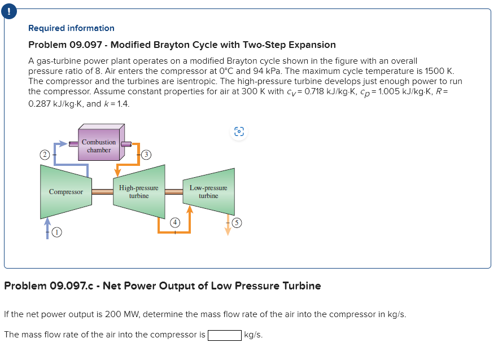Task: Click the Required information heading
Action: tap(71, 28)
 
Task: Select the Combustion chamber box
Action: tap(99, 146)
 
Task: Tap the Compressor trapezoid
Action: tap(66, 192)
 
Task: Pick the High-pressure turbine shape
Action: tap(139, 192)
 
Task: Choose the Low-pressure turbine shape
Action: tap(208, 192)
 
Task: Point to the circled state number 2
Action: tap(43, 154)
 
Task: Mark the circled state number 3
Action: tap(146, 154)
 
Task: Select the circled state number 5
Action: tap(238, 223)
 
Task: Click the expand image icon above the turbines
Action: tap(239, 131)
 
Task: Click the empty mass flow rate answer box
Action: tap(225, 335)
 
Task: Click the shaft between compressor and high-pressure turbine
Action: tap(102, 192)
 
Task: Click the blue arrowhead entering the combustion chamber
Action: tap(73, 144)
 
